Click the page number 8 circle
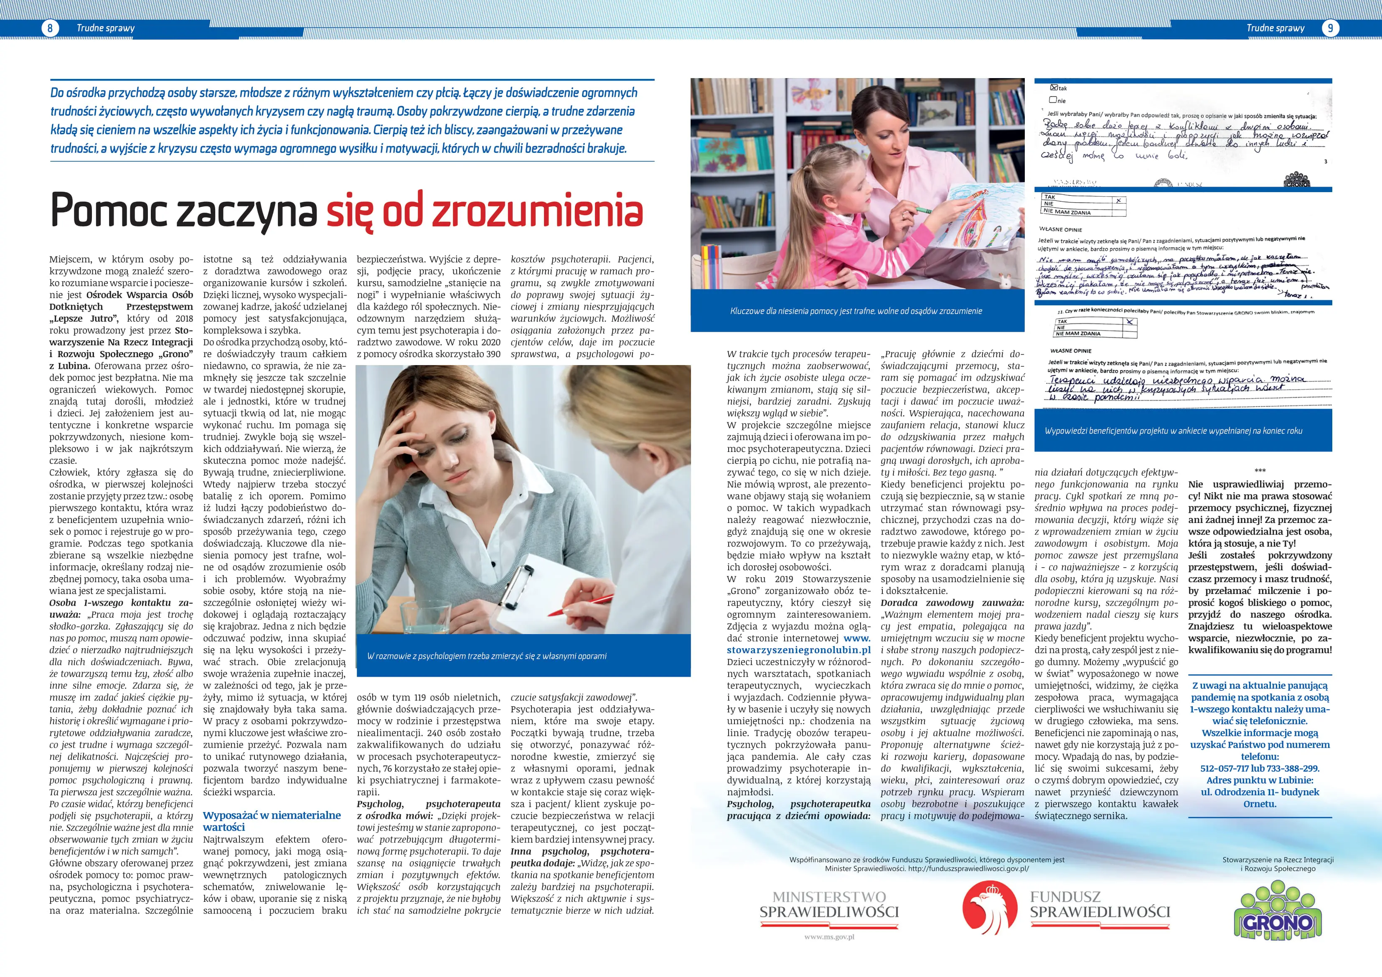(x=50, y=28)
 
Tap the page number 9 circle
(x=1330, y=28)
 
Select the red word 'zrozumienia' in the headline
(x=538, y=211)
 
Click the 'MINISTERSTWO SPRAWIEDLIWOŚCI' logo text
(x=829, y=905)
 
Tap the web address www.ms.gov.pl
(x=829, y=937)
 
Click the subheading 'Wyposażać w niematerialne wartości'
(x=272, y=821)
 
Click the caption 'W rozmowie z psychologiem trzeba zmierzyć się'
(x=486, y=656)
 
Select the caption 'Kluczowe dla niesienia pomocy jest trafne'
(x=856, y=311)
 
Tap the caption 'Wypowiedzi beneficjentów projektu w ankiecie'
(x=1173, y=431)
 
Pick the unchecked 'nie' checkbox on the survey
(x=1053, y=100)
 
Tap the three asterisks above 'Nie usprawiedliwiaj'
(x=1260, y=471)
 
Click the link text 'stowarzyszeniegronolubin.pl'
(x=798, y=650)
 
